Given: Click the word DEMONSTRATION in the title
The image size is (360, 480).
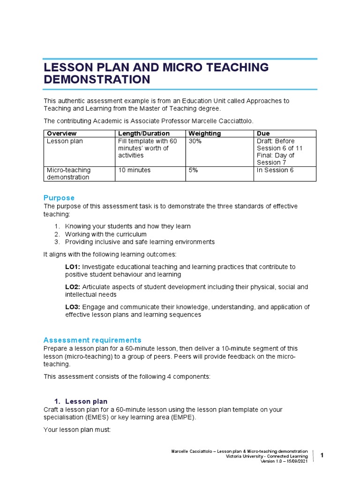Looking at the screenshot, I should pyautogui.click(x=97, y=80).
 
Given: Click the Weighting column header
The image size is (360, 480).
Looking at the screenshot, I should pyautogui.click(x=204, y=134).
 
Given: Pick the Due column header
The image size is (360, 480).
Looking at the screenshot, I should pyautogui.click(x=263, y=134).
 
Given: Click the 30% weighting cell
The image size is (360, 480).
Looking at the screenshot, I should pyautogui.click(x=195, y=141).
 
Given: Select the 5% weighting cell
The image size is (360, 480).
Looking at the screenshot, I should pyautogui.click(x=193, y=170).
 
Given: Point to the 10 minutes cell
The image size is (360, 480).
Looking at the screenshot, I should pyautogui.click(x=135, y=170).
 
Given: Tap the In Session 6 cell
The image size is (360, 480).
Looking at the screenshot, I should pyautogui.click(x=275, y=170).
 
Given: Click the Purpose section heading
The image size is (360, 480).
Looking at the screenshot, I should pyautogui.click(x=59, y=198).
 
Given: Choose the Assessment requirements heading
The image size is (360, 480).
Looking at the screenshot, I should pyautogui.click(x=92, y=340).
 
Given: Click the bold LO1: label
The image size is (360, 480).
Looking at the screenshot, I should pyautogui.click(x=73, y=267).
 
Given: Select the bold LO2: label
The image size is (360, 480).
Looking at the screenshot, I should pyautogui.click(x=73, y=287).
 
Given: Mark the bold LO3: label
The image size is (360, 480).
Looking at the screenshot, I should pyautogui.click(x=73, y=307).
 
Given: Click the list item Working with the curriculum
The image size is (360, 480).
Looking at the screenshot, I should pyautogui.click(x=105, y=234).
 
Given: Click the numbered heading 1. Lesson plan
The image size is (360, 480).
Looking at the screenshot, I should pyautogui.click(x=81, y=401).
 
